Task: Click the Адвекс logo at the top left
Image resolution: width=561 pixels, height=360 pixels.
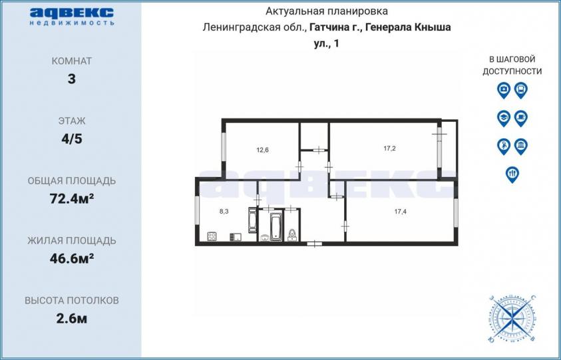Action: (72, 17)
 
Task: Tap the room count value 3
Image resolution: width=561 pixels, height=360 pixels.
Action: (72, 79)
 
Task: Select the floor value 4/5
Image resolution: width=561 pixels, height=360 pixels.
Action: (72, 138)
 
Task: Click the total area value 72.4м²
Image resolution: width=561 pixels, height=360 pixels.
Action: (72, 198)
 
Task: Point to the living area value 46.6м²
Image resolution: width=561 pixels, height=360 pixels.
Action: (72, 258)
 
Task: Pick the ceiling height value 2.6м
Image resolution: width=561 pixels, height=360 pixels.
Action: (72, 318)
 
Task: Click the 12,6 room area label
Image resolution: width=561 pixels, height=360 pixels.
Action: (262, 150)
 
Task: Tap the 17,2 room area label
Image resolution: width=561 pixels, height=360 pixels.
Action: (389, 148)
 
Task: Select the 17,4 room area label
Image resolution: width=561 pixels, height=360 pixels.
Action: (401, 212)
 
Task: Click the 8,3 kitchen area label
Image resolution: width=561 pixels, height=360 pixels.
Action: (224, 212)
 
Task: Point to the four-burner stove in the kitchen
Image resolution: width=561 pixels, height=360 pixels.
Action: (212, 236)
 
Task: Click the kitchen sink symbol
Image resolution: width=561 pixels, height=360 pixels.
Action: (236, 237)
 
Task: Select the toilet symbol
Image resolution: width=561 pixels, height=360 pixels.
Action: (292, 235)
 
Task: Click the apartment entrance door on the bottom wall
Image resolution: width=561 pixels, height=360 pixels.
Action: (315, 244)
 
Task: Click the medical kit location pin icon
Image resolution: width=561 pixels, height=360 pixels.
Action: (504, 90)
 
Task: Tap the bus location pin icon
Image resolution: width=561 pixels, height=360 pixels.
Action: (521, 90)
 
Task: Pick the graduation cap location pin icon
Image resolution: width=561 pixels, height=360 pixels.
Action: (504, 118)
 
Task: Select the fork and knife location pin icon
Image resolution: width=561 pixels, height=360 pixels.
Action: (512, 174)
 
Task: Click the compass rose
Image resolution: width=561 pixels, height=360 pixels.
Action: (512, 318)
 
